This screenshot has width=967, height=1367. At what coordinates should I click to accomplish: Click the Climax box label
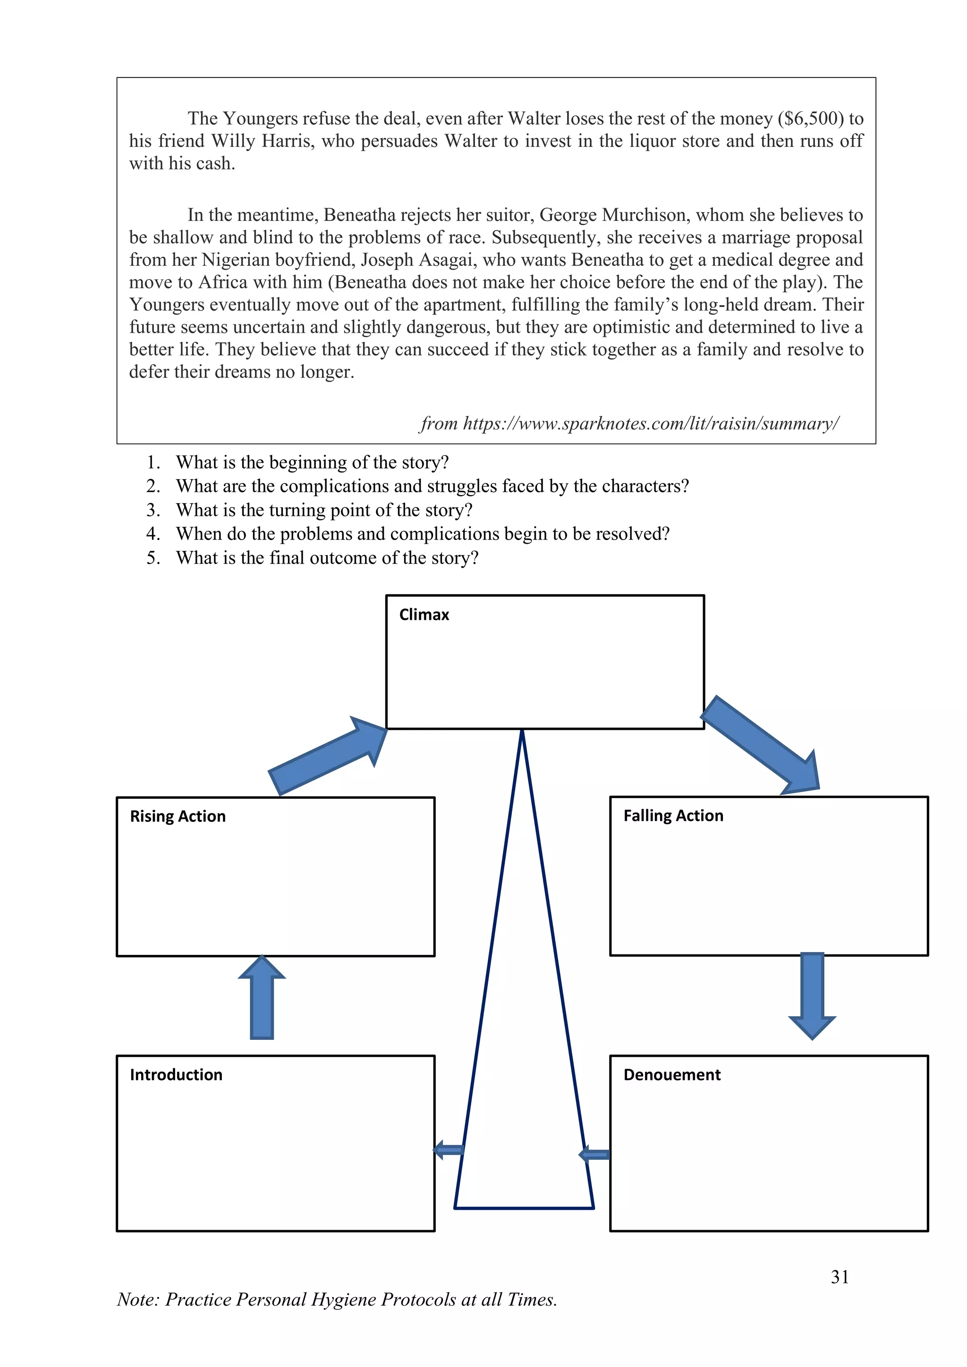pyautogui.click(x=424, y=615)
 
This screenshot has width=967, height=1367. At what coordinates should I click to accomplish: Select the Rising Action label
pyautogui.click(x=178, y=816)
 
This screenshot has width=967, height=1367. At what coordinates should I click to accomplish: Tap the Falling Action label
pyautogui.click(x=673, y=815)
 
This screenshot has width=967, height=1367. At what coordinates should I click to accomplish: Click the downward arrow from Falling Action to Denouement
pyautogui.click(x=812, y=994)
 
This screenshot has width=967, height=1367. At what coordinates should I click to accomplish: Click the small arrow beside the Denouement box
pyautogui.click(x=594, y=1155)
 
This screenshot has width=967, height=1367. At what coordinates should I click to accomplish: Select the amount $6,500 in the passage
pyautogui.click(x=813, y=118)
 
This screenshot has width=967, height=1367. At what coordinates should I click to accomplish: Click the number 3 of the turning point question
pyautogui.click(x=153, y=510)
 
